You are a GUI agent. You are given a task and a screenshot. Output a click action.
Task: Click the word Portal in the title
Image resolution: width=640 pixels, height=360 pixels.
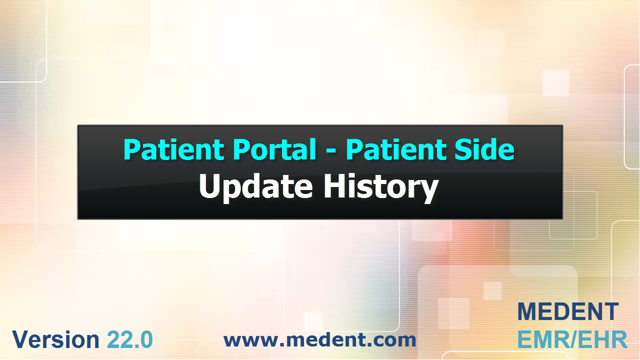click(274, 149)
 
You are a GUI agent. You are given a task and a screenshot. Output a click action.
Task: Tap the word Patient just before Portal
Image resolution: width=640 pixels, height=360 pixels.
click(174, 149)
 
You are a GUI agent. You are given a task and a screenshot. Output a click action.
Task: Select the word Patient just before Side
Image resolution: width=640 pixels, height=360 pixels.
click(396, 149)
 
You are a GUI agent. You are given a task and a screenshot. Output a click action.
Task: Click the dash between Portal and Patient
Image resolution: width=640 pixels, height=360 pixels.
click(331, 151)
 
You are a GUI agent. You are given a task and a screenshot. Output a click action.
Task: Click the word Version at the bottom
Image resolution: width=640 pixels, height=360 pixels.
click(55, 339)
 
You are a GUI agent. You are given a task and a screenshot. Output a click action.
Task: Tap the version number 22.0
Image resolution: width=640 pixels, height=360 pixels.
click(130, 339)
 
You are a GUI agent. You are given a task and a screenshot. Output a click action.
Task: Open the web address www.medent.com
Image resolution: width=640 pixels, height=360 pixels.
click(319, 339)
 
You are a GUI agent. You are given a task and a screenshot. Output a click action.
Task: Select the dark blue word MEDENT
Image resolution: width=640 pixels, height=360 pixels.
click(568, 311)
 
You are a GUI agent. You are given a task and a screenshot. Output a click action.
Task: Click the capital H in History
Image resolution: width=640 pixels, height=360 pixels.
click(333, 186)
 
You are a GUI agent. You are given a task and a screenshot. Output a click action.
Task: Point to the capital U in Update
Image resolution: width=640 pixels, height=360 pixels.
click(209, 186)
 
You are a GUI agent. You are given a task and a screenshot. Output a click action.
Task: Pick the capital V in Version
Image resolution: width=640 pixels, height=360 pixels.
click(21, 339)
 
